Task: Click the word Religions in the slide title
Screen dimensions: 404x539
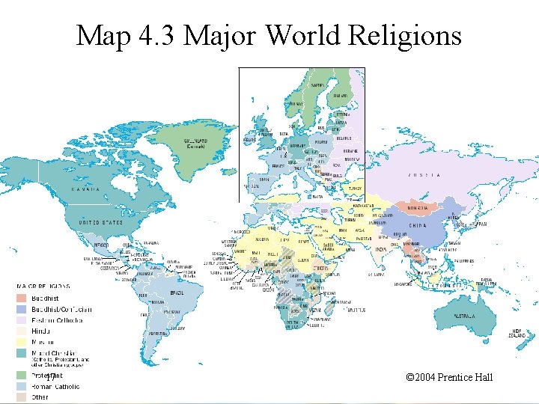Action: (401, 34)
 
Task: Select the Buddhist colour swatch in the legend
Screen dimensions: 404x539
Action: (23, 298)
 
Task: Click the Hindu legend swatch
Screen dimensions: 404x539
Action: (23, 330)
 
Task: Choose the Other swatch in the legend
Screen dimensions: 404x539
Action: (23, 397)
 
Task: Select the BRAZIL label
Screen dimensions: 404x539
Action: (177, 293)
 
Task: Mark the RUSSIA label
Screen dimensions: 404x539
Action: (423, 175)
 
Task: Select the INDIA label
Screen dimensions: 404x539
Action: (382, 248)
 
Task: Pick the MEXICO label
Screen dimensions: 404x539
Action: (100, 245)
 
